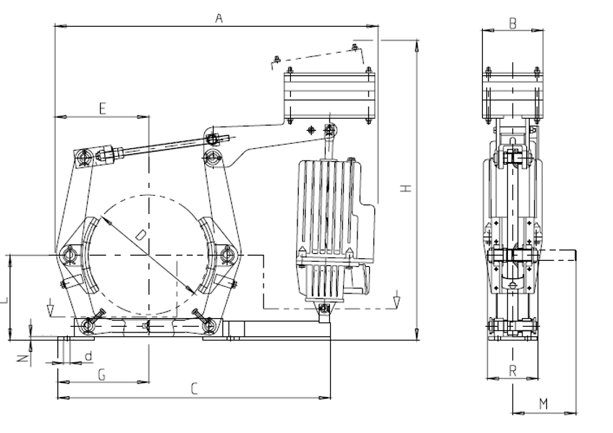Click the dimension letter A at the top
pyautogui.click(x=218, y=19)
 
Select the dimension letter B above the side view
pyautogui.click(x=512, y=23)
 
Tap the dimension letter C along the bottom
pyautogui.click(x=194, y=389)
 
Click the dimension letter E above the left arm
pyautogui.click(x=102, y=108)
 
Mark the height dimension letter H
pyautogui.click(x=407, y=188)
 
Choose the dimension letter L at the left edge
pyautogui.click(x=4, y=297)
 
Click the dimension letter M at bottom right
pyautogui.click(x=544, y=403)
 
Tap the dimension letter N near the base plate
pyautogui.click(x=22, y=357)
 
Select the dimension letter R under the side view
pyautogui.click(x=512, y=371)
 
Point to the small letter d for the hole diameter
pyautogui.click(x=88, y=356)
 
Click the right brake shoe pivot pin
pyautogui.click(x=227, y=254)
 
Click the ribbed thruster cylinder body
pyautogui.click(x=329, y=210)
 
